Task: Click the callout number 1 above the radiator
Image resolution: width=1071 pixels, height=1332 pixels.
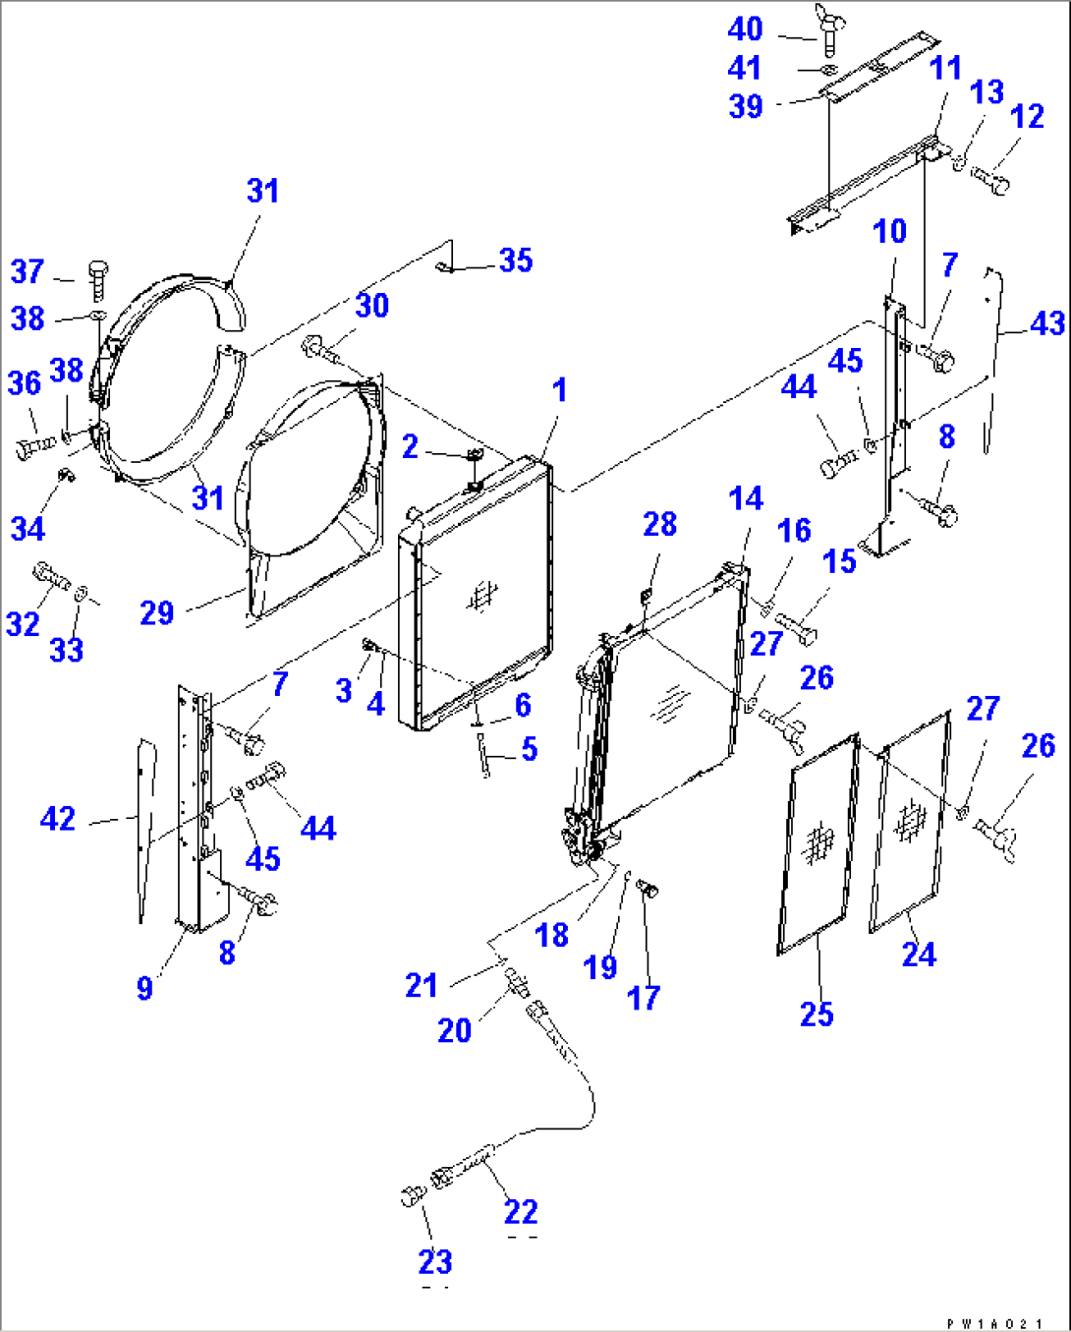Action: click(559, 390)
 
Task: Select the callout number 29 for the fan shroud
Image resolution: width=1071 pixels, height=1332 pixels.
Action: click(157, 613)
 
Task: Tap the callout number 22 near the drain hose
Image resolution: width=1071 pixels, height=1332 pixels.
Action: click(521, 1211)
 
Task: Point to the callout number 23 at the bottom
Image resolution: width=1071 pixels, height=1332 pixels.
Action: click(434, 1261)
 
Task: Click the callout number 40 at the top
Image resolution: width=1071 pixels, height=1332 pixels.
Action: click(745, 29)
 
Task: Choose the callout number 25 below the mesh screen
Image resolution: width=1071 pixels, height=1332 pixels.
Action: click(817, 1013)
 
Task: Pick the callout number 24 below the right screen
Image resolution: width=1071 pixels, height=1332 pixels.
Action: click(919, 954)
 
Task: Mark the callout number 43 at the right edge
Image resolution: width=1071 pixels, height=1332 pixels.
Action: click(1047, 323)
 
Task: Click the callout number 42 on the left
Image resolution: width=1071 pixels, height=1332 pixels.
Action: click(58, 818)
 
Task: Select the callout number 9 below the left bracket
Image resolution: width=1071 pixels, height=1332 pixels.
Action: click(144, 987)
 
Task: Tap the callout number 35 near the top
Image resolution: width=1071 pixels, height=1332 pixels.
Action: click(516, 261)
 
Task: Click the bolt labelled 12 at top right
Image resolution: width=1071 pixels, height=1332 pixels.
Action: click(990, 179)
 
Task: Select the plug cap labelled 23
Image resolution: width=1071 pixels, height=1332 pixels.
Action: click(411, 1196)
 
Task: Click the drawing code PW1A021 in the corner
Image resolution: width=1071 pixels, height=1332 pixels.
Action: click(994, 1323)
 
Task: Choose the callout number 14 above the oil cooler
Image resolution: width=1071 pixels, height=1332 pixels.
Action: click(746, 498)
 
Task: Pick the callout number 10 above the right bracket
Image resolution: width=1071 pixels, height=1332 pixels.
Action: click(889, 232)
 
